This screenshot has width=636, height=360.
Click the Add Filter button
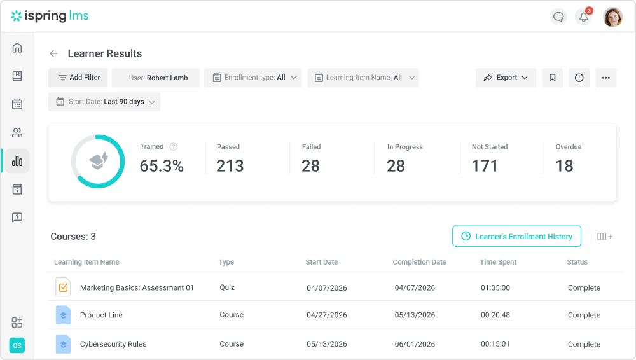[78, 78]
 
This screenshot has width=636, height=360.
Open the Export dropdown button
[506, 78]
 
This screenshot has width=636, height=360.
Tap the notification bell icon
[584, 17]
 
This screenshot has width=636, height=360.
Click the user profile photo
[613, 17]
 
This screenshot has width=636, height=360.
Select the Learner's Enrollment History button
[516, 236]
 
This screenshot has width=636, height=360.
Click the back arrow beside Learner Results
[53, 53]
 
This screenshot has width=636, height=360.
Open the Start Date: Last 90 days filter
[104, 102]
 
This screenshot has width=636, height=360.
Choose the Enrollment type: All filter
[252, 78]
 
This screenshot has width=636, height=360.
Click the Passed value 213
[230, 165]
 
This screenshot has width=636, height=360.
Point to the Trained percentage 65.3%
[162, 165]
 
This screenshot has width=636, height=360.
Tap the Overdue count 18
[564, 165]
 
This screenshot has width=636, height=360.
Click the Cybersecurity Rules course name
[113, 343]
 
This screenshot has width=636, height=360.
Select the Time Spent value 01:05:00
[495, 287]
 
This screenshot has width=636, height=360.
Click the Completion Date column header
[419, 262]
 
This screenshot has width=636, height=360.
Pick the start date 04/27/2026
[326, 315]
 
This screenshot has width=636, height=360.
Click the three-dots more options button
[606, 78]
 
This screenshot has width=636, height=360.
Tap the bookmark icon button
[553, 78]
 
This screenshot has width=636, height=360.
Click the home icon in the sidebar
[17, 48]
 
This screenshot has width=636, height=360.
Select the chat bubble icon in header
[558, 17]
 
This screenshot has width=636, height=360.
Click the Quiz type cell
[227, 287]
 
